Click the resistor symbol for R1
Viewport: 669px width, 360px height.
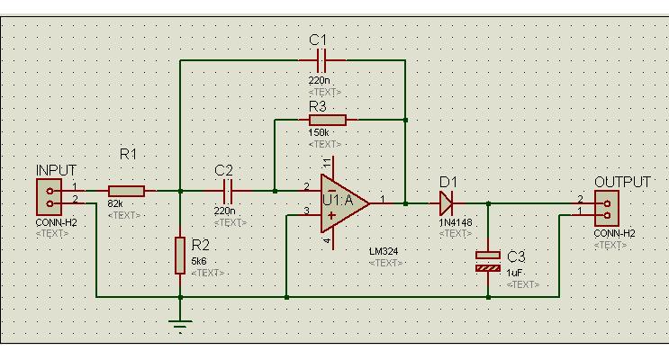click(126, 191)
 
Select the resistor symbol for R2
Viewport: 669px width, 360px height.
click(180, 256)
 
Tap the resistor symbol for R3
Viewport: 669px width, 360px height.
click(327, 120)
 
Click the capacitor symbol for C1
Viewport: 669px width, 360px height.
click(321, 60)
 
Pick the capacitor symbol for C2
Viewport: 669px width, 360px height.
click(228, 191)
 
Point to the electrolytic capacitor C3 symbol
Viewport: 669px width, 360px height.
click(488, 262)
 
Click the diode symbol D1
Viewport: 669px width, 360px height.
click(446, 203)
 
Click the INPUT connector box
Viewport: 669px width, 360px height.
click(49, 197)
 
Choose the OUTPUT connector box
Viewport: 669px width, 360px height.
click(606, 209)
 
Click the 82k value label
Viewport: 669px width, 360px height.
click(115, 204)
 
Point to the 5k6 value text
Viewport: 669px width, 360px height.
click(199, 261)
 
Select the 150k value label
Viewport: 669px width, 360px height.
click(319, 132)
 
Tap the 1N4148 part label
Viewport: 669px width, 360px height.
click(456, 222)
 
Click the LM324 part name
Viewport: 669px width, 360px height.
click(384, 251)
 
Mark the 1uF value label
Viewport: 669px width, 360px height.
click(514, 273)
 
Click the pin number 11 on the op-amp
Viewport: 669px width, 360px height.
click(327, 162)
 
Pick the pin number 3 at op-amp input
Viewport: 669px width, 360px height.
click(306, 211)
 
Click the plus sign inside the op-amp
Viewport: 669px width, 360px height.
click(331, 216)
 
